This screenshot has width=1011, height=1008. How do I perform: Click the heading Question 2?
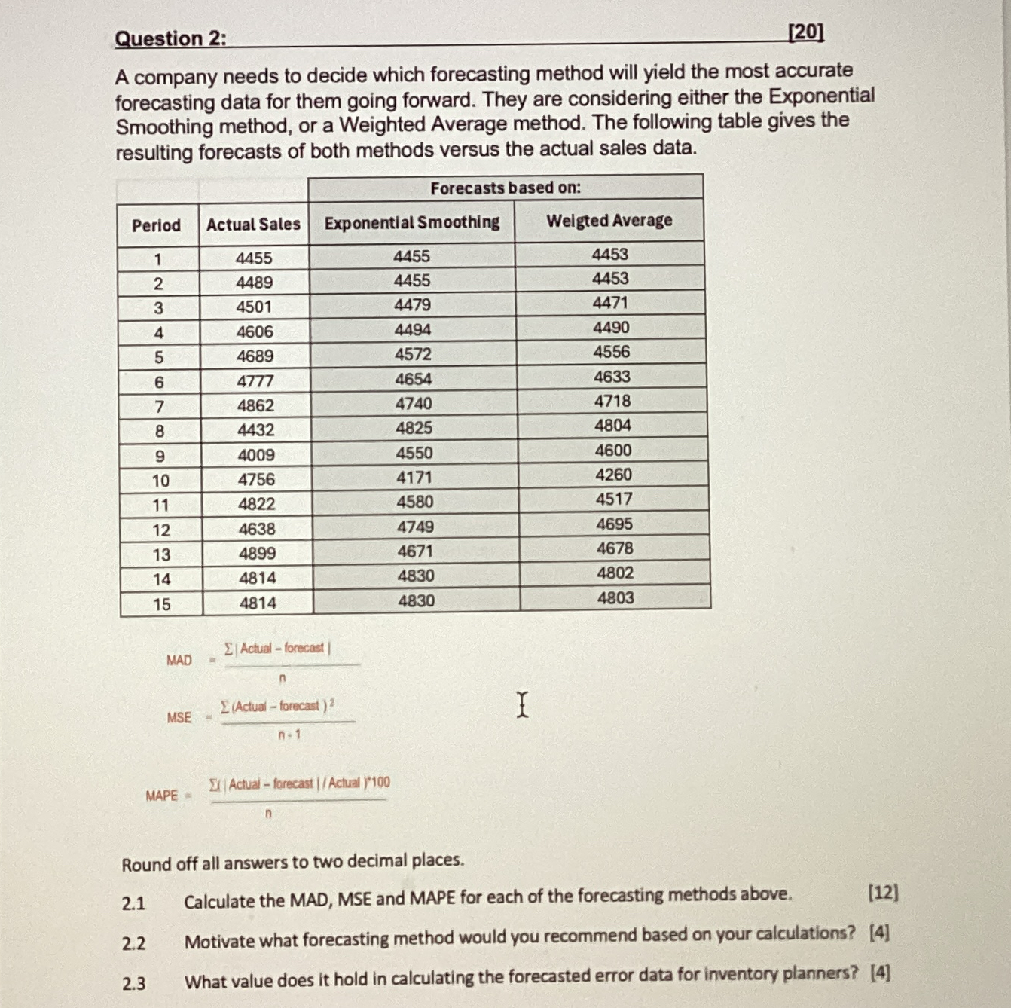170,38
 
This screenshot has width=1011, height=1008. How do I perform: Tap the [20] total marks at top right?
805,32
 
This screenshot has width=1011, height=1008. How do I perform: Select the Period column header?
156,225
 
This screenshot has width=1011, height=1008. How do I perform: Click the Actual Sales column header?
253,225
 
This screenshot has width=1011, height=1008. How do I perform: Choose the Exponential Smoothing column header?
412,222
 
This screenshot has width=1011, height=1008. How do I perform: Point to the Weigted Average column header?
609,221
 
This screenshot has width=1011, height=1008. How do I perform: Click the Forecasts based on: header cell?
505,188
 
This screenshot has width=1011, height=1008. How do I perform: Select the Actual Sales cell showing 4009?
256,455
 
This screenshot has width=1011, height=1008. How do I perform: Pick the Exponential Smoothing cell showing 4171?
414,477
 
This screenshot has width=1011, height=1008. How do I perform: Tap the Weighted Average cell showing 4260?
613,475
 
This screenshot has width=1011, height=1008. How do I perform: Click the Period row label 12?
161,530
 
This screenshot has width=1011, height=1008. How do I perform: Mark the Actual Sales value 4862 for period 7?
255,405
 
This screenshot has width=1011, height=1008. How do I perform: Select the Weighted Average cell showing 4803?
615,598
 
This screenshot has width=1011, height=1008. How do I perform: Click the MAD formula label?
179,661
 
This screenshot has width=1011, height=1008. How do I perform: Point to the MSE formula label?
179,718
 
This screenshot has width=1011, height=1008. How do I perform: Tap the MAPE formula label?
162,796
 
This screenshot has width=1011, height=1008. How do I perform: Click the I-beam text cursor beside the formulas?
522,704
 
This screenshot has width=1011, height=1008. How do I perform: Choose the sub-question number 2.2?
133,943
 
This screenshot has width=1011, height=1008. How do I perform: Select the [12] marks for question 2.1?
883,893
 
